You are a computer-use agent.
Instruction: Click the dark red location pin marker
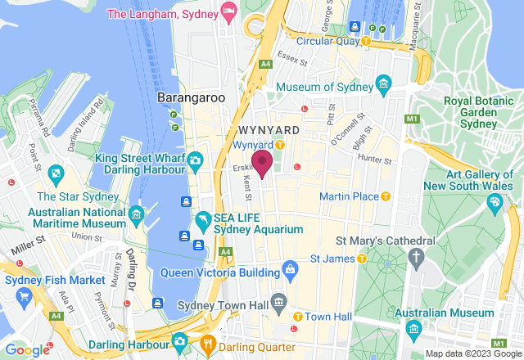[262, 162]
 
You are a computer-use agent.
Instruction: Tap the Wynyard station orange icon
[279, 145]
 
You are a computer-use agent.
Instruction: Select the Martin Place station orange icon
[386, 196]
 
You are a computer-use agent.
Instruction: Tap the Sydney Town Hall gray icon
[279, 302]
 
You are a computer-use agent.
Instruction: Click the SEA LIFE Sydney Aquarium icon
[202, 221]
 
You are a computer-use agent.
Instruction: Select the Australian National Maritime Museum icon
[137, 217]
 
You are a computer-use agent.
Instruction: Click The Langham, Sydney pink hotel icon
[229, 14]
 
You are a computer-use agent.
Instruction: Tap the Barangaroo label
[191, 97]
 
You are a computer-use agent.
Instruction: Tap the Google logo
[28, 349]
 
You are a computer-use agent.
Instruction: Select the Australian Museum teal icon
[413, 329]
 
